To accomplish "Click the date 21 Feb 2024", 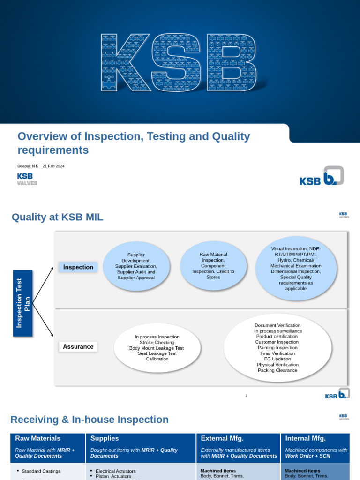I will (x=53, y=166).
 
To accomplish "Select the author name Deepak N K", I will (x=28, y=166).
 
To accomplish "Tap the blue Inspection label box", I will (x=78, y=267).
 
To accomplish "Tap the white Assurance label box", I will (x=78, y=347).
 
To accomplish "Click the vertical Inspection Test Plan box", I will (x=23, y=303).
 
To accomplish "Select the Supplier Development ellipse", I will (x=136, y=266).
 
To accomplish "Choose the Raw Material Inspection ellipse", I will (x=213, y=266).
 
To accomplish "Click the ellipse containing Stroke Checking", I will (x=157, y=348).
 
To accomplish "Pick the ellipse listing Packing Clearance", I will (x=277, y=348).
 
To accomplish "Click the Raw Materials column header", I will (x=38, y=438).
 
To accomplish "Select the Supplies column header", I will (x=105, y=438).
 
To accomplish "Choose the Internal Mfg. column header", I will (x=305, y=438).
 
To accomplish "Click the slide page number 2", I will (x=246, y=396).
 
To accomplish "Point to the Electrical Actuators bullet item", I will (x=115, y=471).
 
